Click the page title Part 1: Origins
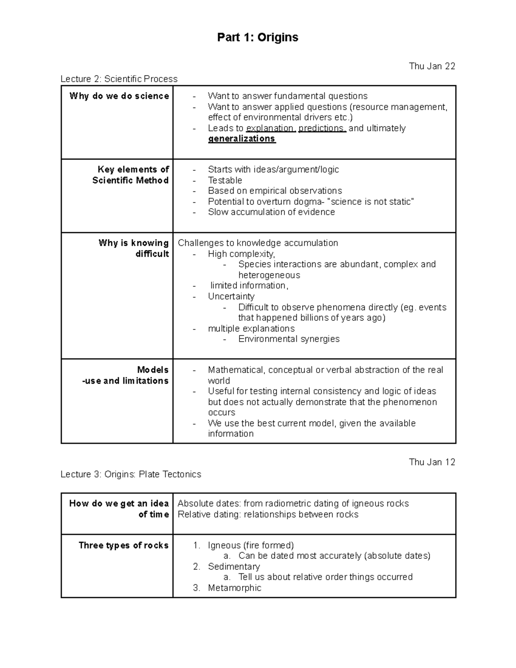[x=258, y=37]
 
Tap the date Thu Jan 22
[x=432, y=66]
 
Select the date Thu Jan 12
[x=432, y=462]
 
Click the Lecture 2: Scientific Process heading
[x=119, y=79]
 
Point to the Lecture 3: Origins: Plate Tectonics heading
[x=131, y=474]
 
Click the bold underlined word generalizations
[x=242, y=139]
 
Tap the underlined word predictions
[x=322, y=128]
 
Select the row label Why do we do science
[x=119, y=96]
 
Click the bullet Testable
[x=225, y=180]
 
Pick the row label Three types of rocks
[x=123, y=545]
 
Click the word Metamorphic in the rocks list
[x=234, y=588]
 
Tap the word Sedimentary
[x=234, y=566]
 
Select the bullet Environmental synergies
[x=289, y=339]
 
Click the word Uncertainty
[x=231, y=296]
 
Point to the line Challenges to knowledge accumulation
[x=258, y=243]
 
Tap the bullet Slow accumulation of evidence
[x=271, y=212]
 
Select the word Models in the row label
[x=153, y=370]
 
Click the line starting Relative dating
[x=268, y=514]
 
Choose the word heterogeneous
[x=269, y=275]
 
